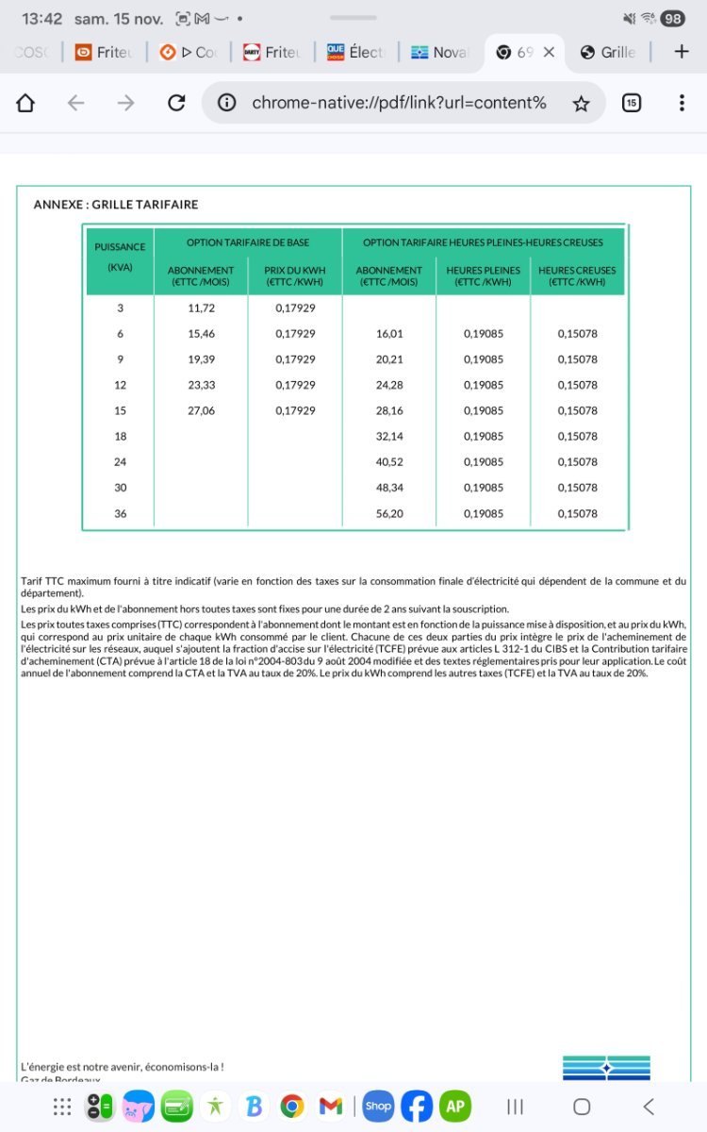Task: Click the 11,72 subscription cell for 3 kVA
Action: point(201,308)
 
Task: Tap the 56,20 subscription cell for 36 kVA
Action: point(389,513)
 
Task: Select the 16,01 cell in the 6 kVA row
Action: point(389,334)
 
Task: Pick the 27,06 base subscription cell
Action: point(201,410)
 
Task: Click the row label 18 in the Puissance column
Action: point(120,437)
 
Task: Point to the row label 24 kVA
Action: point(120,462)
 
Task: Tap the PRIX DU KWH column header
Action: point(295,275)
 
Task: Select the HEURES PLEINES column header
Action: point(483,275)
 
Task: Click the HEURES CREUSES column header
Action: point(577,275)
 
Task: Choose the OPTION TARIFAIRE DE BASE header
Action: point(248,243)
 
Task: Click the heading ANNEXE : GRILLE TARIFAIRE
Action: point(116,204)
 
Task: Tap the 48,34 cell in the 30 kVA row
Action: point(389,488)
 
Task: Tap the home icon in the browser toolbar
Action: point(25,103)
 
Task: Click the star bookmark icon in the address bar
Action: point(582,103)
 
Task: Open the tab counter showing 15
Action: point(632,103)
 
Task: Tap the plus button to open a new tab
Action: point(682,52)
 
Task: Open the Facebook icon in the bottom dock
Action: point(416,1106)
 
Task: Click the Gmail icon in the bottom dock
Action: point(330,1106)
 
